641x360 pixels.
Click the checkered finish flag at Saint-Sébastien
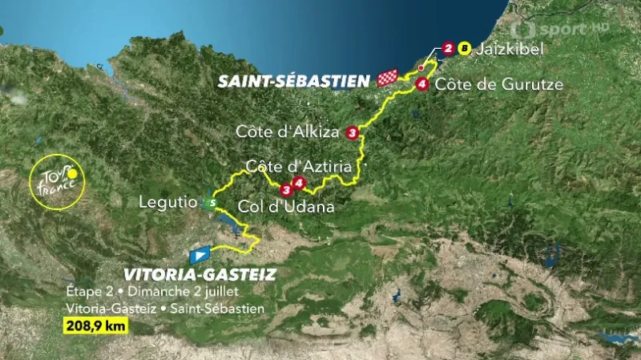pos(388,78)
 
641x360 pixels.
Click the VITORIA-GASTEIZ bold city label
pos(200,275)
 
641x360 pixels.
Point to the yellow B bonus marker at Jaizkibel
pos(462,49)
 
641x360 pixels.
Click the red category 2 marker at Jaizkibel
pos(448,49)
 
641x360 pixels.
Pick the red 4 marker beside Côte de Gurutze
pos(421,83)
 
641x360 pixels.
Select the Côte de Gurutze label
pos(502,83)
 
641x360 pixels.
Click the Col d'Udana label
pos(285,206)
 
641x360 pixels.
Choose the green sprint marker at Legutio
pos(210,204)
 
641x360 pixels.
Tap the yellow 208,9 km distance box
pos(94,326)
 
